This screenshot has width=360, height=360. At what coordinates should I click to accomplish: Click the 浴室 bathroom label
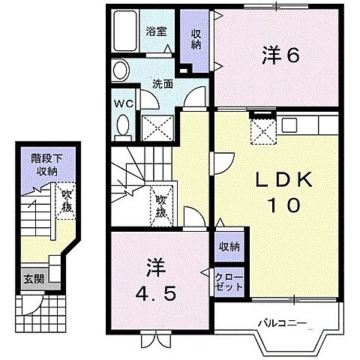pyautogui.click(x=156, y=31)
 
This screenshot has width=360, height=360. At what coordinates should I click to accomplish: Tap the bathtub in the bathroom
pyautogui.click(x=125, y=31)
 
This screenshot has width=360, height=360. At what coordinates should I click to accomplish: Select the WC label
pyautogui.click(x=124, y=103)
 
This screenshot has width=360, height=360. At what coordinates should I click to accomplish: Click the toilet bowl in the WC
pyautogui.click(x=123, y=125)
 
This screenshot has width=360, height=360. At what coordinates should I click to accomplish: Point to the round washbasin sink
pyautogui.click(x=121, y=70)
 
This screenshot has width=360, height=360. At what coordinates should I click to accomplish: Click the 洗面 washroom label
pyautogui.click(x=163, y=84)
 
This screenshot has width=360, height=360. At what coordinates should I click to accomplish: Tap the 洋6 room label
pyautogui.click(x=280, y=55)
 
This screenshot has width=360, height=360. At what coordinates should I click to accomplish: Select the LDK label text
pyautogui.click(x=283, y=179)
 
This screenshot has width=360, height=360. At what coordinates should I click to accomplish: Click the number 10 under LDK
pyautogui.click(x=284, y=205)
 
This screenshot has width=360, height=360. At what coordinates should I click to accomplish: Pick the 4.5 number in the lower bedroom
pyautogui.click(x=155, y=294)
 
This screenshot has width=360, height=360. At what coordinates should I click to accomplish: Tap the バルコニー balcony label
pyautogui.click(x=282, y=323)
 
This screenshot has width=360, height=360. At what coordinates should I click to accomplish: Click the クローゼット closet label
pyautogui.click(x=229, y=283)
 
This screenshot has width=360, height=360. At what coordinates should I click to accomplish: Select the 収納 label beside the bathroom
pyautogui.click(x=196, y=39)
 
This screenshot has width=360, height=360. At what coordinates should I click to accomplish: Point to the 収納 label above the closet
pyautogui.click(x=229, y=247)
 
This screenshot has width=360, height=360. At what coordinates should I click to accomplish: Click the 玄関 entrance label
pyautogui.click(x=34, y=279)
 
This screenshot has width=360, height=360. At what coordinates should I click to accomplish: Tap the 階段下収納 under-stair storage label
pyautogui.click(x=46, y=165)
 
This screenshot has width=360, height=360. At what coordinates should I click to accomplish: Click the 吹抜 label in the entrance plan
pyautogui.click(x=67, y=201)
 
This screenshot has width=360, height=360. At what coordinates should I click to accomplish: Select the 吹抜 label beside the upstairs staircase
pyautogui.click(x=161, y=206)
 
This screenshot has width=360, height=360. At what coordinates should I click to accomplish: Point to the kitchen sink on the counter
pyautogui.click(x=289, y=125)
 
